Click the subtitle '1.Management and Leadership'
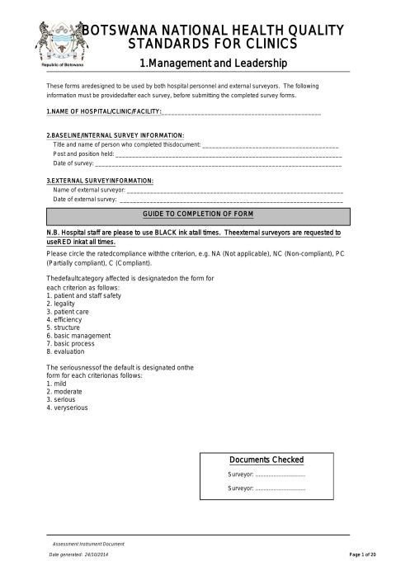pos(214,63)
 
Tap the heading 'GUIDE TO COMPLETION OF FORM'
pos(198,214)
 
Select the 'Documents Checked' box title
pos(266,460)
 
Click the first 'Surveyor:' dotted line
pos(280,475)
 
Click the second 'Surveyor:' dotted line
pos(280,489)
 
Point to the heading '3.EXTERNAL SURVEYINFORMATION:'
pos(100,181)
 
